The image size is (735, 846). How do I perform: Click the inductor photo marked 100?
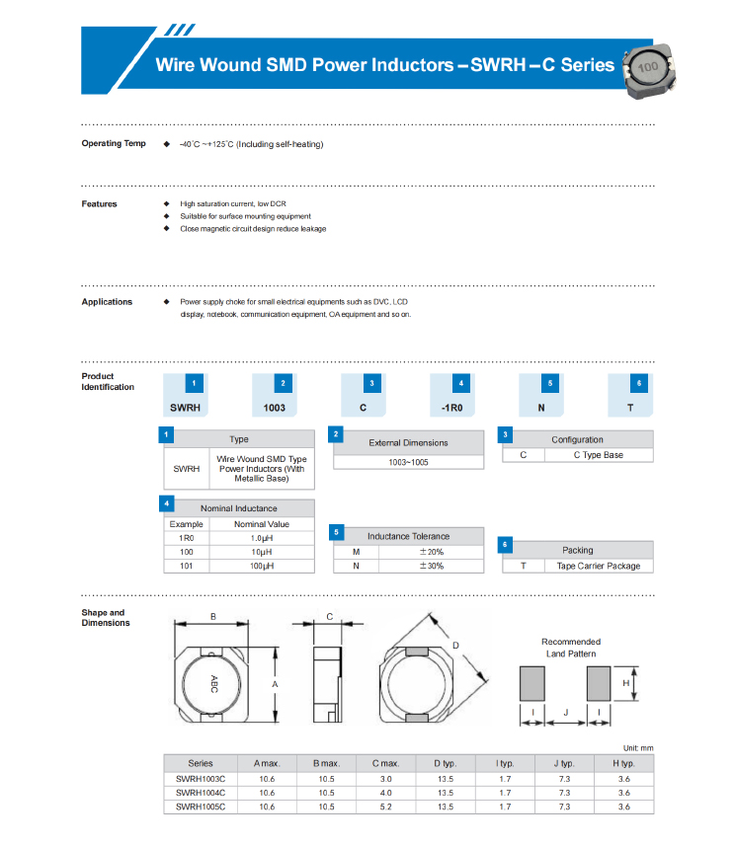(649, 71)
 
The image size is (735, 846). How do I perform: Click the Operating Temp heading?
(114, 143)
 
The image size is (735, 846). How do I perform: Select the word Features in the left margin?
(99, 204)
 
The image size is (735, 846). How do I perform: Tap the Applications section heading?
(107, 302)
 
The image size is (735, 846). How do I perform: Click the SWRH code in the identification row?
(185, 408)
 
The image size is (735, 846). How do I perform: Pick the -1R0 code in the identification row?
(452, 408)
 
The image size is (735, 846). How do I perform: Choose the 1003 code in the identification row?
(274, 408)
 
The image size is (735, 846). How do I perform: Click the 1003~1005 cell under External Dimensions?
(408, 462)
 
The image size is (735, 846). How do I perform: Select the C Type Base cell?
(599, 455)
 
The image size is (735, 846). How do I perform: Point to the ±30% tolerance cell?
(432, 566)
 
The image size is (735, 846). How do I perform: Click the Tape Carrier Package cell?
(599, 566)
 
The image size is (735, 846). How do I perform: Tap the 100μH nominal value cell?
(262, 566)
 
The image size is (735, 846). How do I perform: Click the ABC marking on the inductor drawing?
(213, 684)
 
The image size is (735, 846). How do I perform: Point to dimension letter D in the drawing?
(455, 646)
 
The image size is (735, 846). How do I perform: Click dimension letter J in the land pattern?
(566, 712)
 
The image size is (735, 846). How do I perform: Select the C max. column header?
(385, 763)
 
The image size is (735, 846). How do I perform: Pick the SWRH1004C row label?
(201, 793)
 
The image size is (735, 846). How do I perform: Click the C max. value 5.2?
(385, 808)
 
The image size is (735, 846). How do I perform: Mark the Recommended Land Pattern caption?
(571, 648)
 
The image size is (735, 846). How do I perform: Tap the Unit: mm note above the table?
(638, 748)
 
